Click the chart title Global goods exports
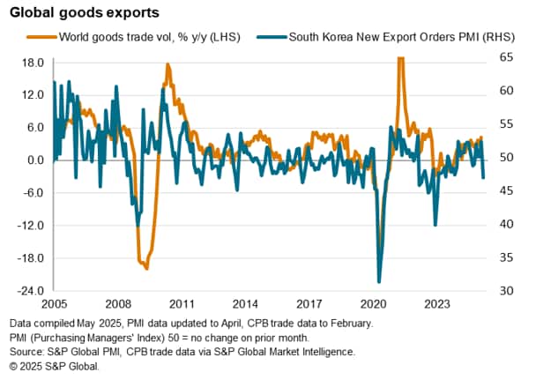pos(80,14)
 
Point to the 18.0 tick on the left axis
pos(33,63)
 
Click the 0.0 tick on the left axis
pos(35,160)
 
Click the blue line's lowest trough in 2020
pos(379,281)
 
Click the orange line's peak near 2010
pos(167,65)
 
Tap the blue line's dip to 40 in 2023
pos(435,225)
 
